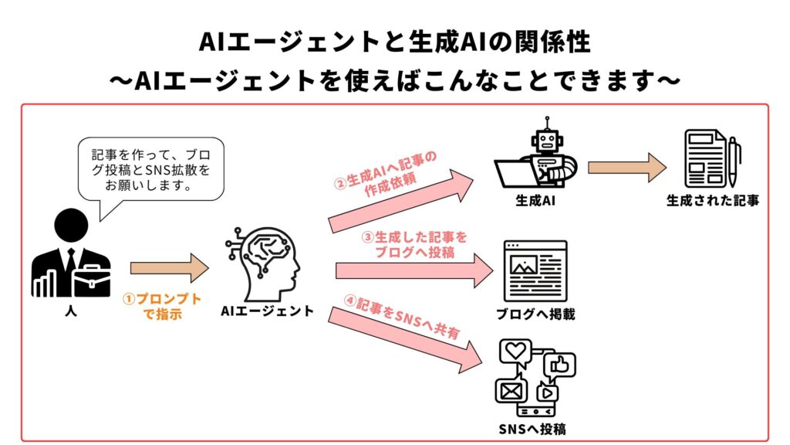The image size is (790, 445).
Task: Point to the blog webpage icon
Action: (535, 270)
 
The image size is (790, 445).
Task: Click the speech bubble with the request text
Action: (151, 168)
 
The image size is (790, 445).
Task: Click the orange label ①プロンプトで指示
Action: (163, 307)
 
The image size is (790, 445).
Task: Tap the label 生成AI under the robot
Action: (536, 201)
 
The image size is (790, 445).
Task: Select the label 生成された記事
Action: (712, 201)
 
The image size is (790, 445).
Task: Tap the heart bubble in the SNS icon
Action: (515, 352)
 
